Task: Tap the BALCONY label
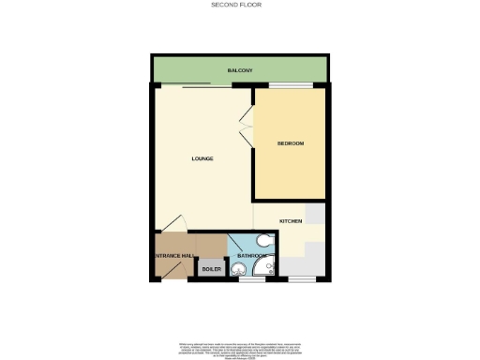[x=239, y=70]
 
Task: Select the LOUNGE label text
[x=202, y=158]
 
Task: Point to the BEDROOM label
[x=291, y=143]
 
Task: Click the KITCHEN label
[x=290, y=220]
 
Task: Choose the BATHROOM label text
[x=251, y=255]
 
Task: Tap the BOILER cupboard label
[x=212, y=269]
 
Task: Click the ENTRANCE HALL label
[x=174, y=256]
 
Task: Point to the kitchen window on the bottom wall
[x=301, y=279]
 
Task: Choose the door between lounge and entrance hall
[x=173, y=225]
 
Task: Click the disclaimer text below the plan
[x=239, y=348]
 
